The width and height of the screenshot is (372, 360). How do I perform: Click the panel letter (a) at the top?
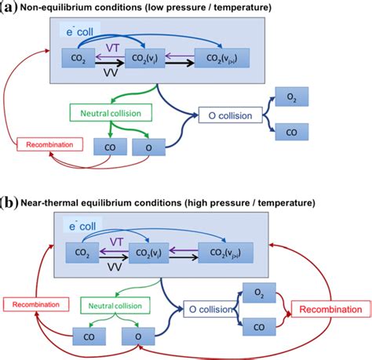[9, 8]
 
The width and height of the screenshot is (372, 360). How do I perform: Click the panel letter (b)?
[9, 202]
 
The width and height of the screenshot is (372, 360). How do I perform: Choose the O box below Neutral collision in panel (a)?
[144, 147]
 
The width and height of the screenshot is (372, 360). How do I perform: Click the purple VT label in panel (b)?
[115, 242]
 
